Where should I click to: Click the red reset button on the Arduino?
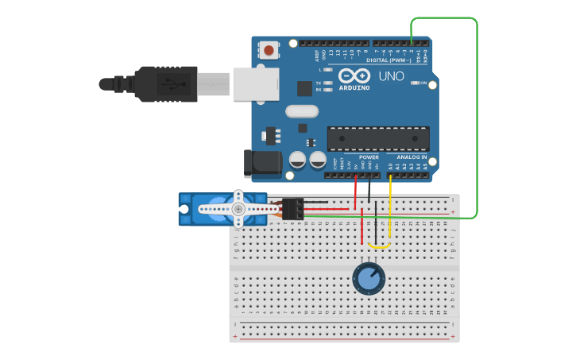point(270,51)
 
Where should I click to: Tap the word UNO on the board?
point(392,76)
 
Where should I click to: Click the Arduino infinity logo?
point(353,75)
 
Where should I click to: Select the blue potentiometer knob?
point(368,279)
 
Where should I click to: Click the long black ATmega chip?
point(377,138)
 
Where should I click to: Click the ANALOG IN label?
point(412,157)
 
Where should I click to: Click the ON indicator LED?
point(423,83)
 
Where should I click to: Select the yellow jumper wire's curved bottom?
point(380,246)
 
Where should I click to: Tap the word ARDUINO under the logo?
point(354,87)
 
